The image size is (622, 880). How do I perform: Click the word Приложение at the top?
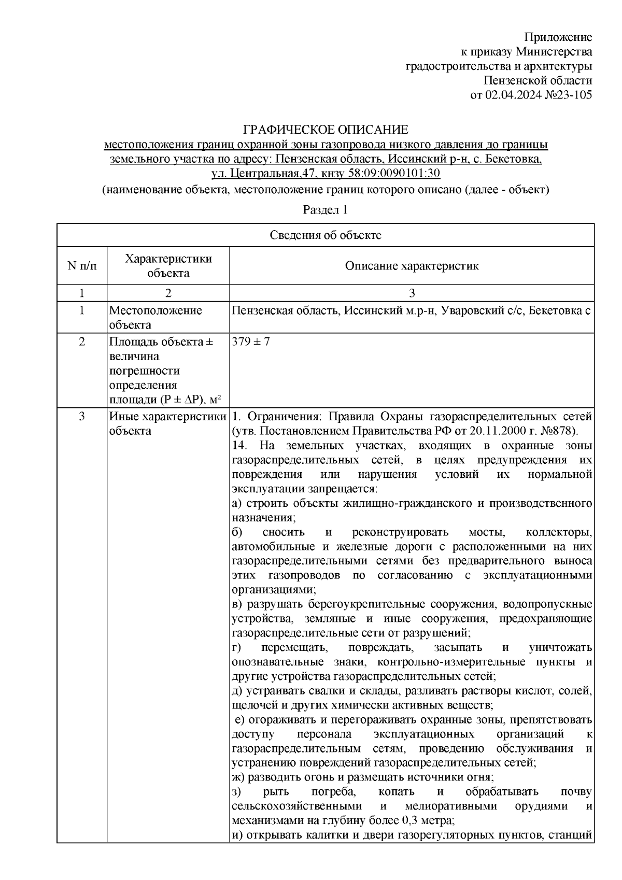(x=558, y=37)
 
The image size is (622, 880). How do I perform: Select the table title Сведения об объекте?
(x=325, y=235)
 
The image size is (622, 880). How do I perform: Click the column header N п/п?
(x=81, y=266)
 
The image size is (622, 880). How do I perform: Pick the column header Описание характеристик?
(x=412, y=266)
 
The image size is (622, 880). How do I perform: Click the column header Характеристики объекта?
(x=168, y=266)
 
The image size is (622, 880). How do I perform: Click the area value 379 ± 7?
(x=251, y=342)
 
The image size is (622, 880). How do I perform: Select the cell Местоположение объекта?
(x=155, y=318)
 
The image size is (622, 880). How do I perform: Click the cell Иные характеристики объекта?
(x=167, y=423)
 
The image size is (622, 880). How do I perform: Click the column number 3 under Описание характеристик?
(x=412, y=293)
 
